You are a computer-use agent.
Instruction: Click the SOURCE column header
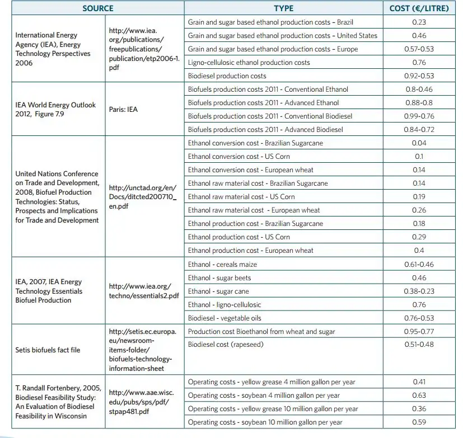(97, 8)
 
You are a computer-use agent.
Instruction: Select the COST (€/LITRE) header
(419, 8)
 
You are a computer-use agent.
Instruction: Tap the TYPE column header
(283, 8)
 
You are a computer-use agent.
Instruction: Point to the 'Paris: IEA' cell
(123, 110)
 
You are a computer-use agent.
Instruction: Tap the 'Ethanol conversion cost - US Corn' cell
(239, 157)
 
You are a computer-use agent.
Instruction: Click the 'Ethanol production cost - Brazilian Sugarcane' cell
(255, 224)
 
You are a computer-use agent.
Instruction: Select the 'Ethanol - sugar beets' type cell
(219, 278)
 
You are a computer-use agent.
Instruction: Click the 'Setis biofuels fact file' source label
(48, 350)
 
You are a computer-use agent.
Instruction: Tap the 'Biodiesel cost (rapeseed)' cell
(225, 345)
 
